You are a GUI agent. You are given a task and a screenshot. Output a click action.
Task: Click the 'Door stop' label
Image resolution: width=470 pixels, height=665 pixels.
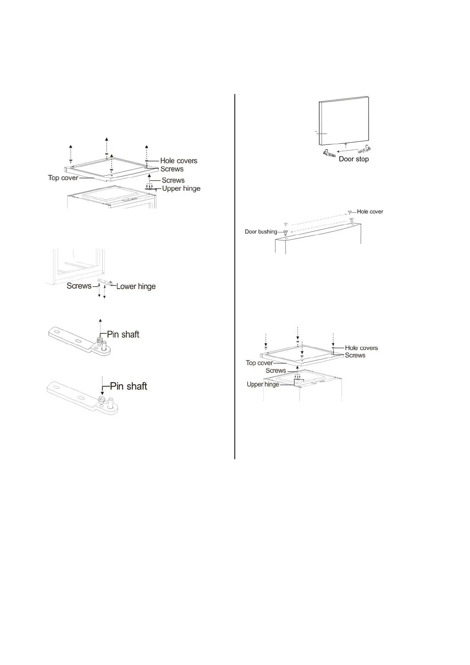(x=354, y=159)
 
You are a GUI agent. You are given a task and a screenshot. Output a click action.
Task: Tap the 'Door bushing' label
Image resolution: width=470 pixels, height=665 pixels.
(x=260, y=232)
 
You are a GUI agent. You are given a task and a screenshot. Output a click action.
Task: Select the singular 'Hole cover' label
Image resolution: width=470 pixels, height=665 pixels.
(x=370, y=212)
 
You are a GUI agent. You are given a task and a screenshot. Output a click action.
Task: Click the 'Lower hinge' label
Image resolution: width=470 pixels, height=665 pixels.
(x=136, y=286)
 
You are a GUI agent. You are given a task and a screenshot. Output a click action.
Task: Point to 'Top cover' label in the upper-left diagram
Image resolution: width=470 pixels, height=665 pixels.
(x=63, y=178)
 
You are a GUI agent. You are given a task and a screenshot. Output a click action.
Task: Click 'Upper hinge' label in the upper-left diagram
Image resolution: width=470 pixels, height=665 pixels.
(x=181, y=189)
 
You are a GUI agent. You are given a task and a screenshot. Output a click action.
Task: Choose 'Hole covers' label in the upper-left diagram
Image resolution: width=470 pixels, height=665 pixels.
(x=178, y=161)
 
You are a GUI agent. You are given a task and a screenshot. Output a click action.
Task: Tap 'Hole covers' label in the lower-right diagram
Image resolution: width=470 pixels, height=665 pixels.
(x=361, y=348)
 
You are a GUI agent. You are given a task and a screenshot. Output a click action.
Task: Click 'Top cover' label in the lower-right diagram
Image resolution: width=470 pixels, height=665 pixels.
(x=259, y=363)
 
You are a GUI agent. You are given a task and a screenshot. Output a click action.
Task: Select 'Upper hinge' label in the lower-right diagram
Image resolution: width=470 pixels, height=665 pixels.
(x=263, y=384)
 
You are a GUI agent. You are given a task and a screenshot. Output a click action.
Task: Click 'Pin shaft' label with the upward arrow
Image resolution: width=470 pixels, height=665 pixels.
(x=123, y=334)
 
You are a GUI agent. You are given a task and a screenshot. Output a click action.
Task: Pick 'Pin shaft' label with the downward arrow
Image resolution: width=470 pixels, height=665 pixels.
(x=128, y=386)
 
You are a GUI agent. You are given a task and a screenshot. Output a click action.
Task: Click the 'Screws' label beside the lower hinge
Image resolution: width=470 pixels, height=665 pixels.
(x=79, y=286)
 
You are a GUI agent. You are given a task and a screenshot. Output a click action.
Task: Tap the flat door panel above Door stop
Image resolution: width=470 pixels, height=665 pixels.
(x=345, y=120)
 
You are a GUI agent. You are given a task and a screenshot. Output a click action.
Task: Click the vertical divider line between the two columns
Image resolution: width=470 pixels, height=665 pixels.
(x=235, y=276)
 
